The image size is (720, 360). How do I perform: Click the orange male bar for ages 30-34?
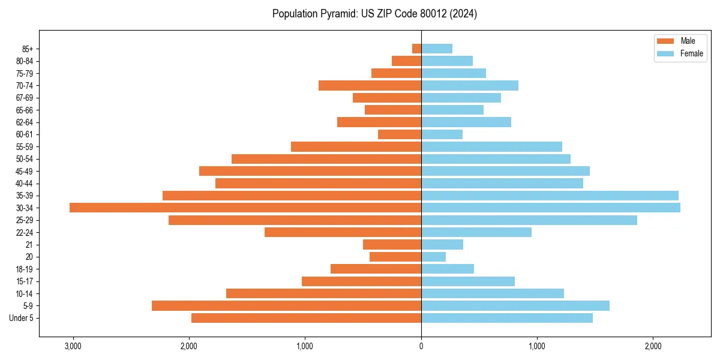[x=245, y=208]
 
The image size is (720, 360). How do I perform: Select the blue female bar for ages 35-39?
[x=550, y=196]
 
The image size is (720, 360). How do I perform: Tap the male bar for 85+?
[x=416, y=49]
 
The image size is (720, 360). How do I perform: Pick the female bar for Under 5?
[x=507, y=318]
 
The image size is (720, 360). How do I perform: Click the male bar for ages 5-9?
[x=286, y=305]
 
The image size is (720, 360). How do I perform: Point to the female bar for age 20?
[x=433, y=257]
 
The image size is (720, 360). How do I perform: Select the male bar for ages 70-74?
[x=370, y=85]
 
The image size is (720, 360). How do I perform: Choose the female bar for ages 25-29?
[x=529, y=220]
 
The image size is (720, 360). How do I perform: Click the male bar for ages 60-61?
[x=400, y=134]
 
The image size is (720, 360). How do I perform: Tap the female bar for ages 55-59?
[x=491, y=146]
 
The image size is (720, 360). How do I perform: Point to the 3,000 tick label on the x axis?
[x=73, y=346]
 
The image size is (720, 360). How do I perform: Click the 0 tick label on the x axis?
[x=421, y=346]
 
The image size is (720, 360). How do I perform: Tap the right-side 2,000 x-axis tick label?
[x=653, y=346]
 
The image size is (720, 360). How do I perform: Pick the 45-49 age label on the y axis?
[x=25, y=172]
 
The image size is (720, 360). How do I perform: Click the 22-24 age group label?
[x=25, y=233]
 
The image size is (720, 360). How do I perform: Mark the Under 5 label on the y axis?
[x=22, y=318]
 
